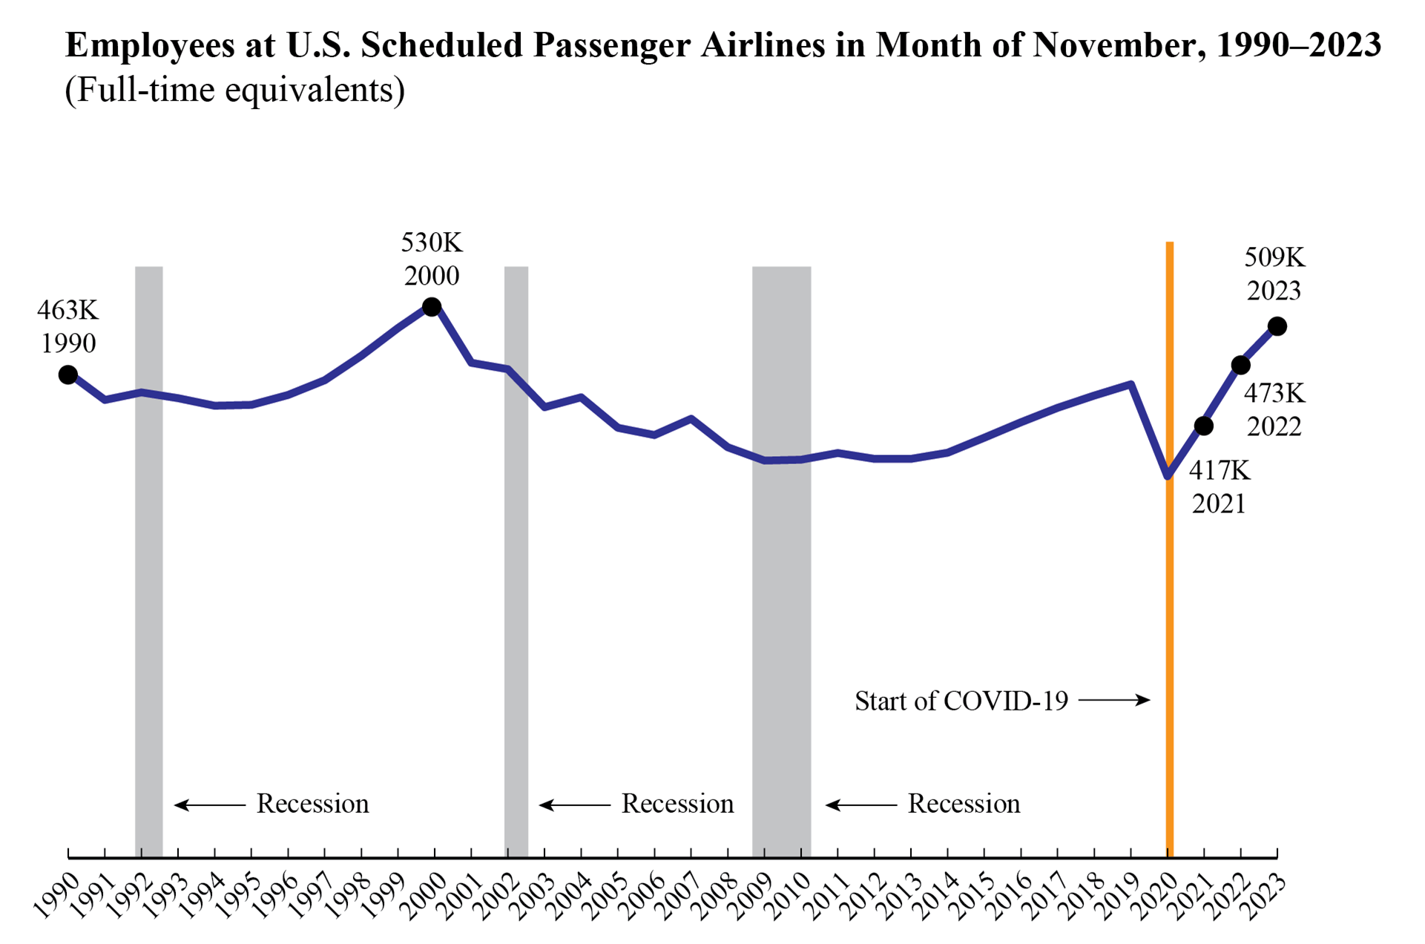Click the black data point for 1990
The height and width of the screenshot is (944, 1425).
pyautogui.click(x=68, y=375)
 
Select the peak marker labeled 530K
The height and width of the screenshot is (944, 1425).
pyautogui.click(x=432, y=307)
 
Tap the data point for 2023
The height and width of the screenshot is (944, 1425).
pyautogui.click(x=1277, y=326)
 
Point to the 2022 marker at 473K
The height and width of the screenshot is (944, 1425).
pyautogui.click(x=1240, y=365)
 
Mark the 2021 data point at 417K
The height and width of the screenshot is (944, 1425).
pyautogui.click(x=1203, y=426)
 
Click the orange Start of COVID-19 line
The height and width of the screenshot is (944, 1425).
pyautogui.click(x=1169, y=593)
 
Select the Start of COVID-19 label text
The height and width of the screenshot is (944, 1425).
pyautogui.click(x=961, y=701)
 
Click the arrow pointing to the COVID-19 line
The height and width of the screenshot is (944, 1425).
pyautogui.click(x=1114, y=699)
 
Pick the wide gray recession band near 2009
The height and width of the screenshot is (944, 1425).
pyautogui.click(x=781, y=593)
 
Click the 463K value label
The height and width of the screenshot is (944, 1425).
pyautogui.click(x=68, y=310)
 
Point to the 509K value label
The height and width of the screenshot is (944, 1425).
pyautogui.click(x=1274, y=257)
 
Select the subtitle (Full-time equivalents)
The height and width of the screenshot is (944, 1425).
pyautogui.click(x=234, y=90)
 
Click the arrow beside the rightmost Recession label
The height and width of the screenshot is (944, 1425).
pyautogui.click(x=861, y=805)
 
